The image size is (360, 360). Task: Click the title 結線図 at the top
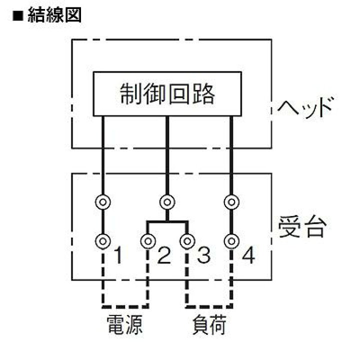click(54, 15)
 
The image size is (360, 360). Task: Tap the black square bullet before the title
click(18, 16)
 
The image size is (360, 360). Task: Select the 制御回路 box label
click(167, 94)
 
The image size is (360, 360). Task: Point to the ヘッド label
click(305, 107)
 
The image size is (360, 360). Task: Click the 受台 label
click(302, 227)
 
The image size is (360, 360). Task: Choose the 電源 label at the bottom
click(124, 324)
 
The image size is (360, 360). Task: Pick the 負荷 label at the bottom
click(209, 324)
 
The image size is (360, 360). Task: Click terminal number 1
click(118, 255)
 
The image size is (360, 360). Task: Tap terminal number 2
click(164, 255)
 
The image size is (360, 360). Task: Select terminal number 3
click(204, 255)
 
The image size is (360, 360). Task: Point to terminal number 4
click(248, 255)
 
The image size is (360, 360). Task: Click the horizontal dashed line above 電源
click(125, 306)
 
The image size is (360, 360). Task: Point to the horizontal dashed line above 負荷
click(209, 306)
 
